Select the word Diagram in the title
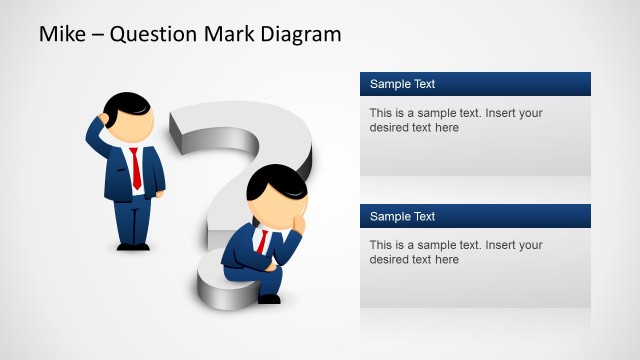pyautogui.click(x=300, y=34)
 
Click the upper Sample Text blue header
pyautogui.click(x=475, y=84)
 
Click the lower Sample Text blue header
pyautogui.click(x=475, y=216)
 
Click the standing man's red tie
pyautogui.click(x=135, y=168)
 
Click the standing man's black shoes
pyautogui.click(x=132, y=246)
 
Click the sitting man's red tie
pyautogui.click(x=262, y=241)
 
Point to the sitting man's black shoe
pyautogui.click(x=269, y=298)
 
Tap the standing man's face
pyautogui.click(x=136, y=125)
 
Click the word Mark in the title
pyautogui.click(x=229, y=34)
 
